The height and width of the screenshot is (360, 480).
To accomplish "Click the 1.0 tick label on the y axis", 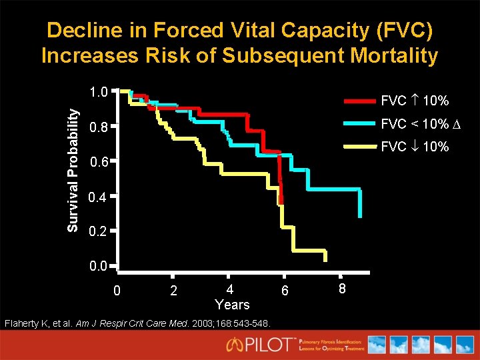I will pyautogui.click(x=98, y=91).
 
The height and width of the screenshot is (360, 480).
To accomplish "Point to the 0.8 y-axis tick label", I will pyautogui.click(x=98, y=127).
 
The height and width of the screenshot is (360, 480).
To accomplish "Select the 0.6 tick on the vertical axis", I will pyautogui.click(x=98, y=162).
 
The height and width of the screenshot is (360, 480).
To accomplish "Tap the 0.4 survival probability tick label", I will pyautogui.click(x=98, y=197).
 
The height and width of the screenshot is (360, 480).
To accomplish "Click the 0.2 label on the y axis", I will pyautogui.click(x=98, y=233).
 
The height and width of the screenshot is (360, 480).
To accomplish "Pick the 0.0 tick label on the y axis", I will pyautogui.click(x=98, y=267).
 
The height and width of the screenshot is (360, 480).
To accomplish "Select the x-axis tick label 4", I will pyautogui.click(x=229, y=289).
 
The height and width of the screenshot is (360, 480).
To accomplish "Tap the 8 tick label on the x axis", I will pyautogui.click(x=341, y=289).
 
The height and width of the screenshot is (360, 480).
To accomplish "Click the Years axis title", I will pyautogui.click(x=232, y=305).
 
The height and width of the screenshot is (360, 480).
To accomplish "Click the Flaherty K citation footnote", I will pyautogui.click(x=137, y=324).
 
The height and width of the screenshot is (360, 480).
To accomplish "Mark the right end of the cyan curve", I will pyautogui.click(x=361, y=215).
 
